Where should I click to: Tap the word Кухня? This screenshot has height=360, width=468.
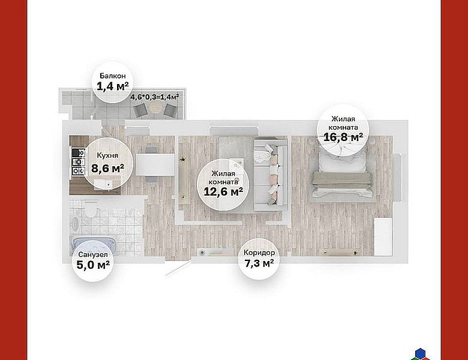tap(107, 155)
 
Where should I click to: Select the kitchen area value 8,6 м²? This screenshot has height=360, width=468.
tap(108, 169)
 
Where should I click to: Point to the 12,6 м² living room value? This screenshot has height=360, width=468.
tap(223, 191)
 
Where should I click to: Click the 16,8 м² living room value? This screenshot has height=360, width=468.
tap(343, 137)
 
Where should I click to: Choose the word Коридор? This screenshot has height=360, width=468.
tap(259, 253)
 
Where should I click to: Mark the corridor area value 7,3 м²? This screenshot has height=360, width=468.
tap(259, 263)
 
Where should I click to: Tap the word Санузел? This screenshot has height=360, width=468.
tap(93, 254)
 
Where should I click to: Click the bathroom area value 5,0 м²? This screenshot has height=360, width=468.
tap(93, 265)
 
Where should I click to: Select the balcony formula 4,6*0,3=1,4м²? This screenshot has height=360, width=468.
tap(155, 97)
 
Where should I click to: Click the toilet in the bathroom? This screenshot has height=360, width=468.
tap(91, 208)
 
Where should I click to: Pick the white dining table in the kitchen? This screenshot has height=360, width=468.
tap(155, 164)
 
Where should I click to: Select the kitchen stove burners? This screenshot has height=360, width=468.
tap(78, 162)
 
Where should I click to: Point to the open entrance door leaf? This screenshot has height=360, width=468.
tap(178, 268)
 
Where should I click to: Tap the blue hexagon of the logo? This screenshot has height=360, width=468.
tap(420, 353)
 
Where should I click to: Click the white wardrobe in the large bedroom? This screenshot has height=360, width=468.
tap(383, 237)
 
